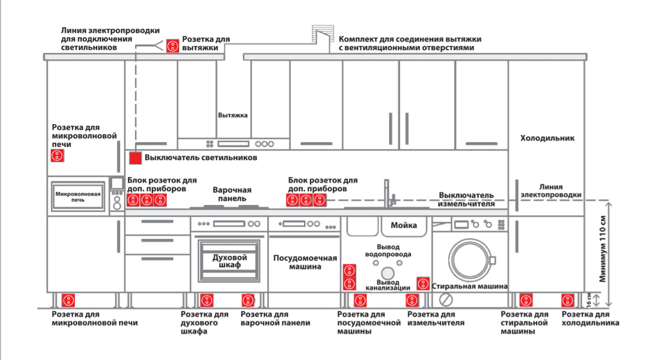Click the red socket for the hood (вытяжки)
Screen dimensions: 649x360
pyautogui.click(x=173, y=45)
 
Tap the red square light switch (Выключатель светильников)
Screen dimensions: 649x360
pyautogui.click(x=135, y=158)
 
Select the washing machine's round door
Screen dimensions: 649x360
pyautogui.click(x=470, y=260)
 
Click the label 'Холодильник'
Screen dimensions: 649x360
pyautogui.click(x=547, y=138)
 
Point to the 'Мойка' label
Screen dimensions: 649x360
pyautogui.click(x=404, y=225)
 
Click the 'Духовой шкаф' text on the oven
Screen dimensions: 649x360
pyautogui.click(x=229, y=261)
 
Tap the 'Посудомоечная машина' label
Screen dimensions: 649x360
pyautogui.click(x=305, y=262)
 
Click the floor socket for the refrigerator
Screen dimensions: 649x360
pyautogui.click(x=568, y=300)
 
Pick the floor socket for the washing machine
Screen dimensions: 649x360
pyautogui.click(x=526, y=300)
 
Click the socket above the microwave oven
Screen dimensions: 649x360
pyautogui.click(x=57, y=156)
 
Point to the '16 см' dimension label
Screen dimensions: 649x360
pyautogui.click(x=588, y=300)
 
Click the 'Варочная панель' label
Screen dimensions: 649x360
pyautogui.click(x=232, y=194)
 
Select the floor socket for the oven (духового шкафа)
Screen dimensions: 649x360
pyautogui.click(x=206, y=300)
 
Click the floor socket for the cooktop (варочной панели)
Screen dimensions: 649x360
pyautogui.click(x=248, y=300)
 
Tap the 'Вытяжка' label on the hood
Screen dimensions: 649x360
pyautogui.click(x=233, y=115)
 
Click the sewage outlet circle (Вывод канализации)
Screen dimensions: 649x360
pyautogui.click(x=388, y=273)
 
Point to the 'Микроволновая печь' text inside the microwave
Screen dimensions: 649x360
pyautogui.click(x=78, y=197)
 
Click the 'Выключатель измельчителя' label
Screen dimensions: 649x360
pyautogui.click(x=466, y=199)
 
